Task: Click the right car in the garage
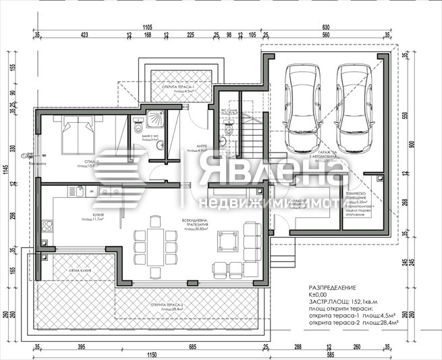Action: [354, 108]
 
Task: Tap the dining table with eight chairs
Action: [153, 242]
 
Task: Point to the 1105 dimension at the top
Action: [148, 27]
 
